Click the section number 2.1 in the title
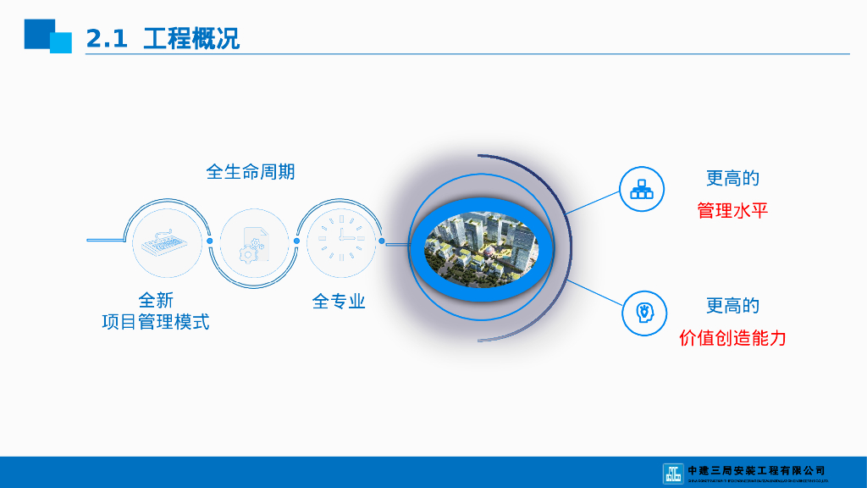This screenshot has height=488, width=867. point(107,38)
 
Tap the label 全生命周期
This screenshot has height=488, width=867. point(251,171)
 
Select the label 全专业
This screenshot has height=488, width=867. point(339,301)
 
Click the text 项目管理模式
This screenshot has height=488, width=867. point(156,322)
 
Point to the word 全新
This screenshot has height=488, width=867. point(156,300)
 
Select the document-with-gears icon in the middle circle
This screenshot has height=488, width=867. point(253,241)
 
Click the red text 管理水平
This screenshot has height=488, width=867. point(732,210)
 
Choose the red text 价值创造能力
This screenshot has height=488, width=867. point(732,338)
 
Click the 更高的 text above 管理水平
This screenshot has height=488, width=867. point(732,179)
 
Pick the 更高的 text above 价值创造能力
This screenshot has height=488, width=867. point(732,306)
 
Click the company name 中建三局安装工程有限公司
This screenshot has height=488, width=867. point(756,470)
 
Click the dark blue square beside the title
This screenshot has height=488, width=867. point(38,33)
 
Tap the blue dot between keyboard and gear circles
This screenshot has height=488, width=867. point(211,241)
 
